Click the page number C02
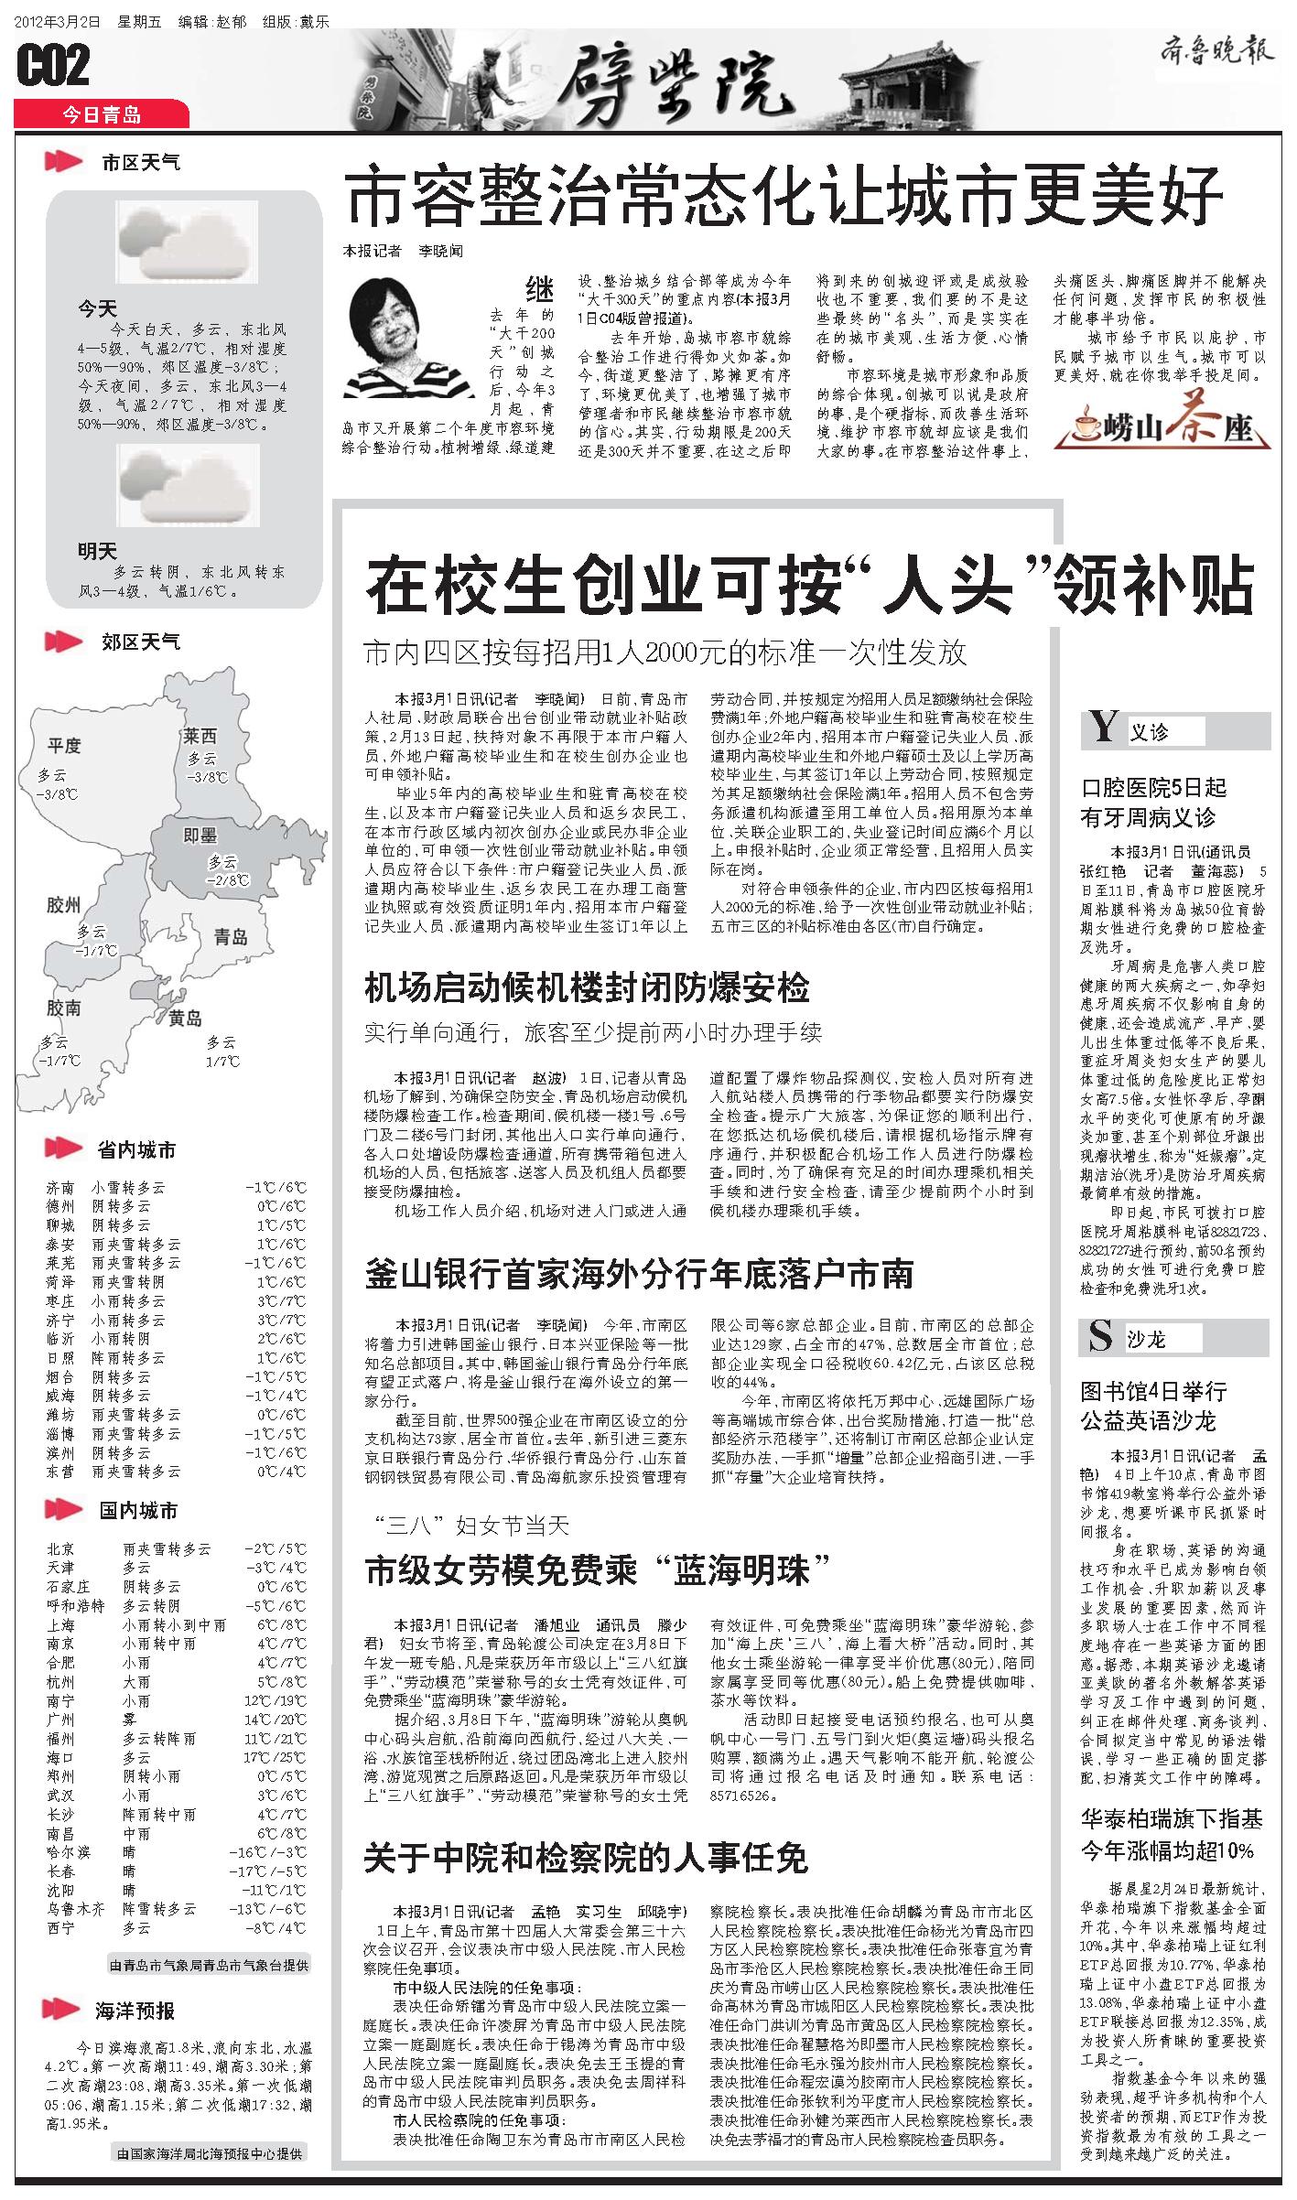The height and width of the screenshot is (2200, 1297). coord(53,66)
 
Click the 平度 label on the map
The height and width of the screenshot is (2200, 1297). coord(64,745)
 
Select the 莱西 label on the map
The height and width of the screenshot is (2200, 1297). coord(200,736)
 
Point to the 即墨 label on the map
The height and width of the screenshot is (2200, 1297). coord(200,835)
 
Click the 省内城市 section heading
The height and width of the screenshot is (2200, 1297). coord(137,1149)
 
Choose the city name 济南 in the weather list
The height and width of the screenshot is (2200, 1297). coord(60,1188)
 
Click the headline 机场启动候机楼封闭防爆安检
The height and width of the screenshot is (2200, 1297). coord(587,988)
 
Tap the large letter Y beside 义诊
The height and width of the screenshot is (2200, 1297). coord(1104,728)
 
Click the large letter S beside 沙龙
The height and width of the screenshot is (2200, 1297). coord(1100,1338)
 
